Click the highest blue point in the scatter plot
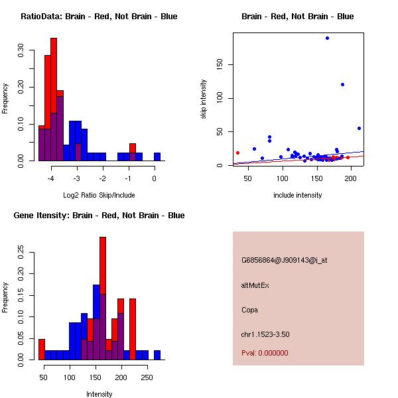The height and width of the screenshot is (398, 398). [327, 38]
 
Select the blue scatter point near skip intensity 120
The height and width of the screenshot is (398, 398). [342, 84]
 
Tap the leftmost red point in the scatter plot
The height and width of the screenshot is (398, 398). [237, 153]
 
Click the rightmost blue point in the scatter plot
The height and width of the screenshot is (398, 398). [359, 128]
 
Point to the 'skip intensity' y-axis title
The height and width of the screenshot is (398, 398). [204, 99]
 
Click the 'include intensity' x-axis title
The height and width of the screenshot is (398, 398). [297, 195]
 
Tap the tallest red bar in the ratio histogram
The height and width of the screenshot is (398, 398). [54, 99]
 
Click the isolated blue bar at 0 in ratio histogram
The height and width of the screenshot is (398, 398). [157, 157]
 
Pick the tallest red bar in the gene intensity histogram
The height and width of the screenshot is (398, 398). [103, 298]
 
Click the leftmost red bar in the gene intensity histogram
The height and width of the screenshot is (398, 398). [42, 349]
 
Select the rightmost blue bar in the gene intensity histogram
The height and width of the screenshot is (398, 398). [157, 355]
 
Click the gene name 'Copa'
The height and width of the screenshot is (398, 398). [249, 310]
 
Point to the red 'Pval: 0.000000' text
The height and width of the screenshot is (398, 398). [265, 353]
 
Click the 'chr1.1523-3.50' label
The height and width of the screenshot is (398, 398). [265, 334]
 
